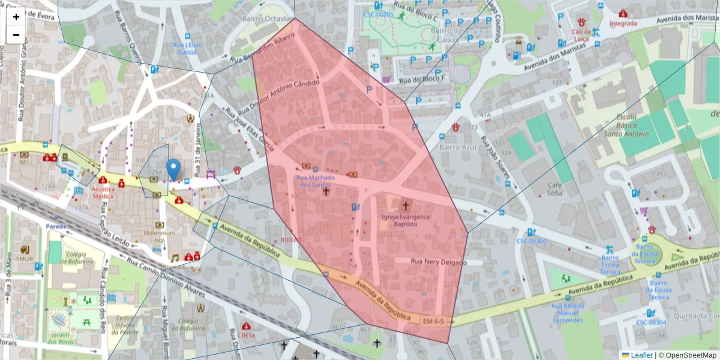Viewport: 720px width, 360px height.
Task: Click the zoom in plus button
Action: click(x=16, y=17)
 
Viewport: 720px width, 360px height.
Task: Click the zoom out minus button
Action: click(x=16, y=35)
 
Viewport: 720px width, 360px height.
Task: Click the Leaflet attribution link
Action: click(x=641, y=355)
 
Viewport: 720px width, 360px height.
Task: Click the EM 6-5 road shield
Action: click(x=433, y=322)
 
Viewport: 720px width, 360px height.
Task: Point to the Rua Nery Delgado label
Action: click(x=438, y=262)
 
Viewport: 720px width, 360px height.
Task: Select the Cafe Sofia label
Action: click(x=554, y=189)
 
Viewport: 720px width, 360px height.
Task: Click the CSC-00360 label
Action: click(x=531, y=241)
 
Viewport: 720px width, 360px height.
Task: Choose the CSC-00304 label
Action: click(x=651, y=322)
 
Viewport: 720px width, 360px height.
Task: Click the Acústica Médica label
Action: click(x=103, y=191)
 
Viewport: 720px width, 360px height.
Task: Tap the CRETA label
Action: click(x=246, y=335)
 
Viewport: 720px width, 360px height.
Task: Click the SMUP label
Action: click(x=25, y=259)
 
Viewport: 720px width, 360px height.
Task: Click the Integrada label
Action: click(x=623, y=24)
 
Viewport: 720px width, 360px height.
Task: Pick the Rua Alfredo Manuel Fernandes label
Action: click(x=567, y=313)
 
